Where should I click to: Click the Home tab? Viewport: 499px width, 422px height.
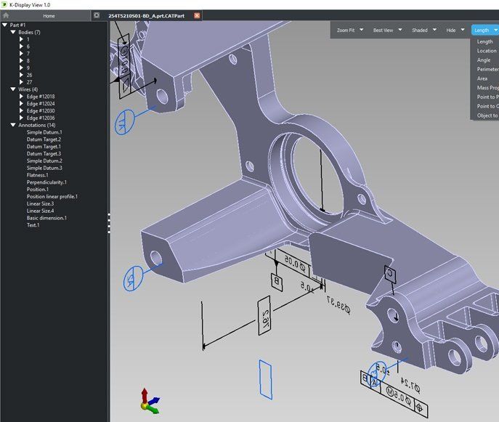pyautogui.click(x=48, y=15)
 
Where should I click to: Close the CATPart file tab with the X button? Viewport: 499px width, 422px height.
pyautogui.click(x=197, y=15)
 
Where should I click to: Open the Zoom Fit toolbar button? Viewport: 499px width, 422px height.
pyautogui.click(x=351, y=31)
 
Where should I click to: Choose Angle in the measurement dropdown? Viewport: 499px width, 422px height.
pyautogui.click(x=484, y=60)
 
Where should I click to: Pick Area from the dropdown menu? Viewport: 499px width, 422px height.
pyautogui.click(x=482, y=78)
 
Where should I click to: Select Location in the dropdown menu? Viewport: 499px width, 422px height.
pyautogui.click(x=487, y=51)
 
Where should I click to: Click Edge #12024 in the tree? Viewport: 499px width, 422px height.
pyautogui.click(x=41, y=103)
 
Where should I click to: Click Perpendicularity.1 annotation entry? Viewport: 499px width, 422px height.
pyautogui.click(x=46, y=182)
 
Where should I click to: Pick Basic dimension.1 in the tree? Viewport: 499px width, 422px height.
pyautogui.click(x=46, y=218)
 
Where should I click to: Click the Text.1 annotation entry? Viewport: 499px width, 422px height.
pyautogui.click(x=33, y=225)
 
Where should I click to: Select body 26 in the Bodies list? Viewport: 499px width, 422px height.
pyautogui.click(x=29, y=75)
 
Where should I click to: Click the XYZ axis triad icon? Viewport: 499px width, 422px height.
pyautogui.click(x=149, y=400)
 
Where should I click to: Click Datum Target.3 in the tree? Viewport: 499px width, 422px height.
pyautogui.click(x=44, y=154)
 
